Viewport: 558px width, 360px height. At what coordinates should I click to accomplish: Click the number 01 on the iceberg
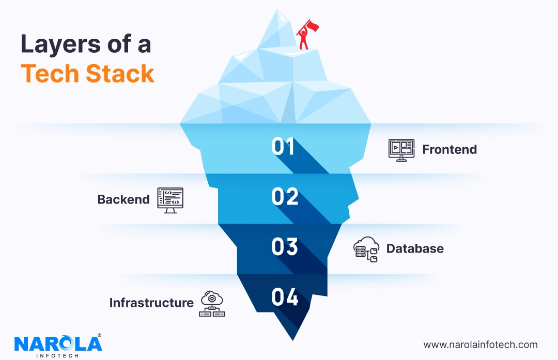point(283,147)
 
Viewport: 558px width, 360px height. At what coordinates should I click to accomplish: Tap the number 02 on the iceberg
point(285,197)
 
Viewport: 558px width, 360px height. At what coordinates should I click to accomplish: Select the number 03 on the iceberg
point(285,247)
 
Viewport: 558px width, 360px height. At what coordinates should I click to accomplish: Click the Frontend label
point(450,150)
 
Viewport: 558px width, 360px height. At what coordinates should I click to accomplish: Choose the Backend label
point(123,199)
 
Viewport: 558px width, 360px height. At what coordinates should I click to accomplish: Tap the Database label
point(415,248)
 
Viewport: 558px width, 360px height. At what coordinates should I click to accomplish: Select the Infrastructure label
point(151,303)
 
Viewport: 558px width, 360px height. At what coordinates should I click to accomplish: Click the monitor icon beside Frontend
point(401,150)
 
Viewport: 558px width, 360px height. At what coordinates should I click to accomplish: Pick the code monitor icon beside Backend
point(170,200)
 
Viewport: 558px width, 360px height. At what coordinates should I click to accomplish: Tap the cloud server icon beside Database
point(366,249)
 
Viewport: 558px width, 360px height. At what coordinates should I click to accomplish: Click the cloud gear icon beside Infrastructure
point(212,303)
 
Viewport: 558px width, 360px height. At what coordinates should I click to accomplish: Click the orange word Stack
point(120,74)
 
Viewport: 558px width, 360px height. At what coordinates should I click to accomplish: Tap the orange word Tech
point(50,74)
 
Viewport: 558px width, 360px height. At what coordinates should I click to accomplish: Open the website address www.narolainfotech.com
point(481,345)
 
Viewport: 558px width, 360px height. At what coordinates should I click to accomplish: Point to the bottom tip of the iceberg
point(294,339)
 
